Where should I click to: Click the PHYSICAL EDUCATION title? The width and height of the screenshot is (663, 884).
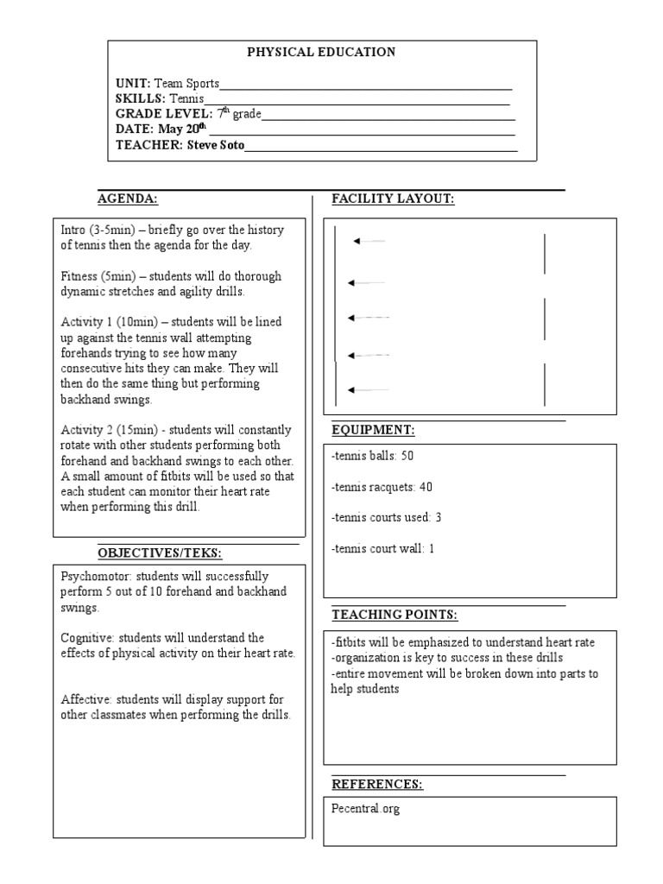[x=321, y=52]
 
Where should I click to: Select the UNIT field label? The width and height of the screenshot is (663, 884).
[x=133, y=84]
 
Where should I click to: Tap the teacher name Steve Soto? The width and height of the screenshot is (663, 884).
[x=216, y=145]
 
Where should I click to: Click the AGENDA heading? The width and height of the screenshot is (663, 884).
[x=127, y=199]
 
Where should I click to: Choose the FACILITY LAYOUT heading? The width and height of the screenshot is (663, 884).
[x=393, y=199]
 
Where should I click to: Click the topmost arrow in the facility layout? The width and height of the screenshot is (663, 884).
[x=369, y=242]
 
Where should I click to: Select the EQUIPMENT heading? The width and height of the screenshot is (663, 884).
[x=373, y=429]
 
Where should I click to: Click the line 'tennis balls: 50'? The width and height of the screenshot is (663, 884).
[x=366, y=456]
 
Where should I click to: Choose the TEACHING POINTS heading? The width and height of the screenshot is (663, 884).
[x=395, y=615]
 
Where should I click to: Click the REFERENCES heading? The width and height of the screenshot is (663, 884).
[x=377, y=784]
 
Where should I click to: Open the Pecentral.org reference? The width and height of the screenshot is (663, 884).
[x=365, y=810]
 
